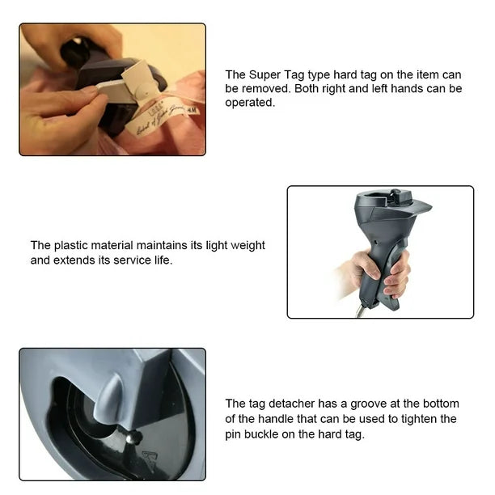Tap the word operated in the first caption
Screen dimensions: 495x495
(x=250, y=103)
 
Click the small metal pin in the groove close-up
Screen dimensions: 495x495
(x=130, y=438)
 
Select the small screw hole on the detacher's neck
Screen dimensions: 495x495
(x=376, y=243)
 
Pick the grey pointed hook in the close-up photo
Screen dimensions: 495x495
(x=109, y=400)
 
